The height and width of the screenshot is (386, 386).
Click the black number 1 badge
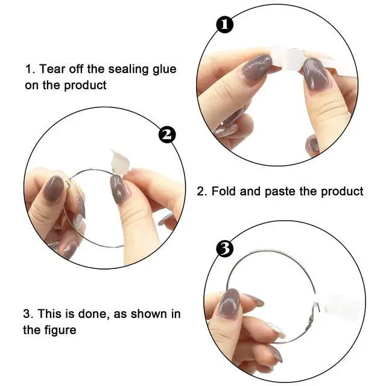coord(224,24)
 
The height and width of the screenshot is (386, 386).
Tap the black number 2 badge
coord(167,134)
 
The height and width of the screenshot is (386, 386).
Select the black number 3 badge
coord(224,248)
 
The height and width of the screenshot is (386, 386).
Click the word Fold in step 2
coord(224,191)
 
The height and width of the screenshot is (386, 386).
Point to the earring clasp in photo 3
coord(312,316)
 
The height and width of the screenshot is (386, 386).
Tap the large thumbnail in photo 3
coord(229,304)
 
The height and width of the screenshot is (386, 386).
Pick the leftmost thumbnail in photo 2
coord(54,189)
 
